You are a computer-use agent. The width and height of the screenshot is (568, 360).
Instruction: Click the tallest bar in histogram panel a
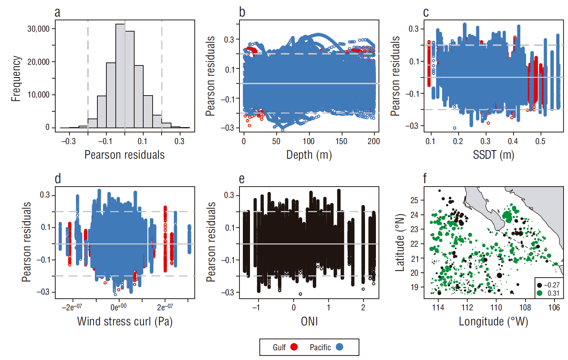pos(120,75)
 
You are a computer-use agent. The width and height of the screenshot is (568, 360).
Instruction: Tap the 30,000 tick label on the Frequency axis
pos(38,29)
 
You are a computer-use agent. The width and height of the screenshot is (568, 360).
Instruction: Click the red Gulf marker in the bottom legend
pos(294,347)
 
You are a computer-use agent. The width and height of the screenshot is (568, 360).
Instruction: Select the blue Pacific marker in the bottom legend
pos(339,347)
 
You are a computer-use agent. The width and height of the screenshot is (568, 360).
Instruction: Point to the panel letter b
pos(242,12)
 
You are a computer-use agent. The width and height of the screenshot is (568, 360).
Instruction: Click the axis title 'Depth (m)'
pos(309,155)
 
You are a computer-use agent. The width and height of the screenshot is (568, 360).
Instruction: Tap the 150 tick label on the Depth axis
pos(341,141)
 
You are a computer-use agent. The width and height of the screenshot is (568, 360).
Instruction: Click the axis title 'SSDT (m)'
pos(493,155)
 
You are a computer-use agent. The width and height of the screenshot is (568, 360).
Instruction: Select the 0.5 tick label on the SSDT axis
pos(540,141)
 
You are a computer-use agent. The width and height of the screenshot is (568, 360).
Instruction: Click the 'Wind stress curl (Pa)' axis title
pos(125,321)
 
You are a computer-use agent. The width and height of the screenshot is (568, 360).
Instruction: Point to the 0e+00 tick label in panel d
pos(118,307)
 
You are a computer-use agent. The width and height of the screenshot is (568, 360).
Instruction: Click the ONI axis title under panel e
pos(309,321)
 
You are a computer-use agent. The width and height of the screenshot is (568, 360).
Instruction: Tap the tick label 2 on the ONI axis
pos(363,307)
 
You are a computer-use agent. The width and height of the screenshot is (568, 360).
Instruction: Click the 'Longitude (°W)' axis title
pos(493,321)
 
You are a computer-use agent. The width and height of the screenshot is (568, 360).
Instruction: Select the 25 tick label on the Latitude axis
pos(414,200)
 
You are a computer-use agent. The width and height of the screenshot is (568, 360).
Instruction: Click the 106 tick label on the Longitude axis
pos(554,308)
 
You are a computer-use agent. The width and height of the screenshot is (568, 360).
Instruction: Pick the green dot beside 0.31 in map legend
pos(539,293)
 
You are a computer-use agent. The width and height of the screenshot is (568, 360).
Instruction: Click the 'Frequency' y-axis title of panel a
pos(16,79)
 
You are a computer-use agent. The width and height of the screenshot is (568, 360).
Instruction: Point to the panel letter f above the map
pos(425,178)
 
